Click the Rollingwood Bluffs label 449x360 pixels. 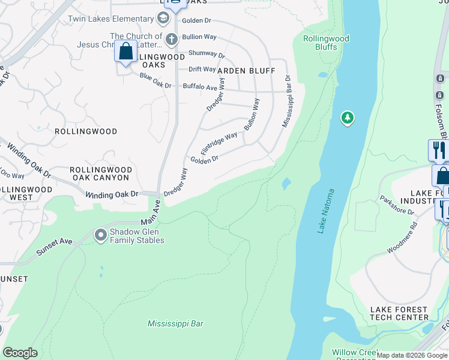point(326,43)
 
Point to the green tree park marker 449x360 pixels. point(347,118)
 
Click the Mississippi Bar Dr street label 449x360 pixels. point(287,101)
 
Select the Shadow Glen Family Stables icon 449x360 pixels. point(101,235)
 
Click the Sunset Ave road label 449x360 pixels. point(54,245)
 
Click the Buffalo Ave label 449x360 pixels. point(200,87)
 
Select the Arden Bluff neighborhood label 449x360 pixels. point(246,71)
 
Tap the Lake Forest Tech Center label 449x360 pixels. point(399,313)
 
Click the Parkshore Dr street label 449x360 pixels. point(397,205)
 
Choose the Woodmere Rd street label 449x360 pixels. point(403,238)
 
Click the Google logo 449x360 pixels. point(20,353)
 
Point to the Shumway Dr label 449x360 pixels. point(206,54)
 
